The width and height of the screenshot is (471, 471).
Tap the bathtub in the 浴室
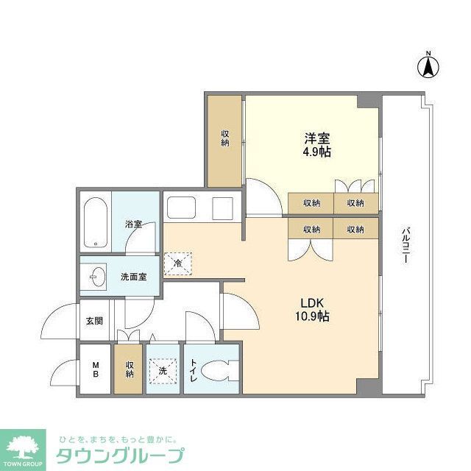click(x=95, y=221)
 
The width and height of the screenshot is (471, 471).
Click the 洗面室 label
click(x=133, y=277)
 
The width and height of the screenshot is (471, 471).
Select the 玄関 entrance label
click(x=94, y=321)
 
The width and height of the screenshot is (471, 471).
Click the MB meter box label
click(x=95, y=369)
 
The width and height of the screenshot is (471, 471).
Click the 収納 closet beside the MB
click(x=130, y=369)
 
